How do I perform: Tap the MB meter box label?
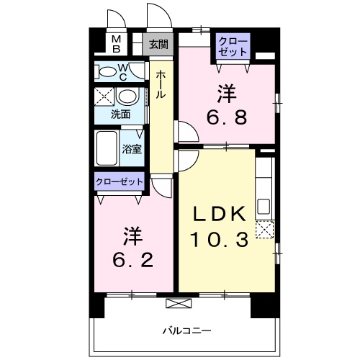pos(115,44)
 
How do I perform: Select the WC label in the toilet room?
pos(122,72)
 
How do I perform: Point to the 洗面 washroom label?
pos(120,114)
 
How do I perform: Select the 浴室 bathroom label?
pos(132,150)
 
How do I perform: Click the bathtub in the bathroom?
pos(107,149)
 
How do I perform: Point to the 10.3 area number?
pos(219,239)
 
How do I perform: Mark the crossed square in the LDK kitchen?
pos(265,230)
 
